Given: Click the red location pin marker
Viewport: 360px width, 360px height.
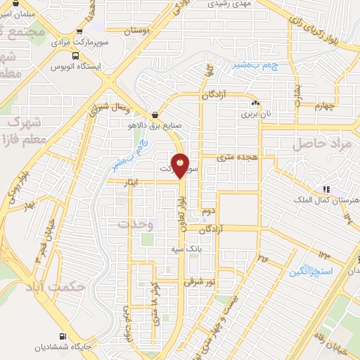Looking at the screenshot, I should coord(181,165).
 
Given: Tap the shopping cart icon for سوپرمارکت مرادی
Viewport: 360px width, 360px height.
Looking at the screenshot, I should coord(79,32).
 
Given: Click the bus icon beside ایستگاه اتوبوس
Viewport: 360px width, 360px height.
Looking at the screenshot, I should coord(56,68).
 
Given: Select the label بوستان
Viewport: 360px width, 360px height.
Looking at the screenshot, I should coord(138,32).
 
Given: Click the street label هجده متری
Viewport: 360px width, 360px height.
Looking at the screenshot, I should coord(237,158).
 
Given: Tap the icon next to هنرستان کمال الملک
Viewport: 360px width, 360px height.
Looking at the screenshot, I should coord(325,189).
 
